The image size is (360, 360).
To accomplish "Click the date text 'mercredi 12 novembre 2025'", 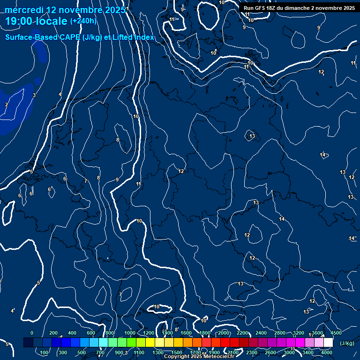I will point(65,10).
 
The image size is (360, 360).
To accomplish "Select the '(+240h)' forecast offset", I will point(83,21).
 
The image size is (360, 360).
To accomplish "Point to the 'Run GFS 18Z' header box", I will point(299,8).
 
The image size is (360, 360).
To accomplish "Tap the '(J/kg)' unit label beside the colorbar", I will point(347,343).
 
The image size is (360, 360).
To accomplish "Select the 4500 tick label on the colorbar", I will point(336,333).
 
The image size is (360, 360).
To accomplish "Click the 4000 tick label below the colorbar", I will point(327,352).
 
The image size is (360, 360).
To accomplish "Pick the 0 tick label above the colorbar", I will point(32,333).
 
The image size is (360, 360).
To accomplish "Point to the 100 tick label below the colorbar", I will point(44,352).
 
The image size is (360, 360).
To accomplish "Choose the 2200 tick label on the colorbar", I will point(242,333).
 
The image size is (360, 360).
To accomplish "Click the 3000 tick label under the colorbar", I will point(289,352).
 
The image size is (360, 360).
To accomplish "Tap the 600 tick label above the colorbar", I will point(91,333).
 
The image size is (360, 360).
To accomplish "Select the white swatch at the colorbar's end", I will point(329,343).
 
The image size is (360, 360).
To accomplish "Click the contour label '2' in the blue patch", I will point(7,105).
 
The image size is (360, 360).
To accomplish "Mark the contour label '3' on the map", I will point(34,95).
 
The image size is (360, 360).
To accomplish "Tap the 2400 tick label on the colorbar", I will point(261,333).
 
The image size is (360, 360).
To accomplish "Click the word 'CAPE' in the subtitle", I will point(70,37).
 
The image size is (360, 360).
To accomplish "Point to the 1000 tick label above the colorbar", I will point(130,333).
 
